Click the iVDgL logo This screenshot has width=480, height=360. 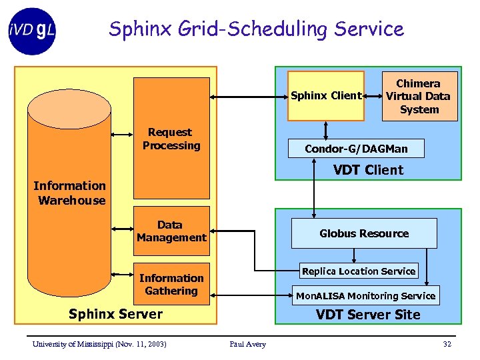[x=32, y=30]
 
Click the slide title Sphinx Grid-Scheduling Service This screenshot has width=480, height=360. [x=256, y=29]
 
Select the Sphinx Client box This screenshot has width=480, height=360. [x=326, y=95]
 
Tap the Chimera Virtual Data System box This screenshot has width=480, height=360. [x=419, y=96]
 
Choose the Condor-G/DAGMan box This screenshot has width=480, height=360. [x=356, y=148]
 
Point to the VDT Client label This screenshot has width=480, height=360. [x=368, y=170]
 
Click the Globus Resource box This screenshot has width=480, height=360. [x=364, y=233]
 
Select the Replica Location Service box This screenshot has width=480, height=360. [x=359, y=271]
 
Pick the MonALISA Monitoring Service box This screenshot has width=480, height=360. [x=365, y=295]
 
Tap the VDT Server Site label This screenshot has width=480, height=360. [x=368, y=315]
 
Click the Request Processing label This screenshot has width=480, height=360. [x=171, y=139]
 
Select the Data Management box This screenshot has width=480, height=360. [x=171, y=231]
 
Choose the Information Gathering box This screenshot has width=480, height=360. [x=171, y=285]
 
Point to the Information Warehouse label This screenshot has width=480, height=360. [x=70, y=193]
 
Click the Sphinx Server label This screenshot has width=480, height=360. [x=115, y=314]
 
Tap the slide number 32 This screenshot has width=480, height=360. [x=447, y=344]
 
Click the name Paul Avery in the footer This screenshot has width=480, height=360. [x=247, y=344]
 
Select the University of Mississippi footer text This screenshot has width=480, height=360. [x=99, y=344]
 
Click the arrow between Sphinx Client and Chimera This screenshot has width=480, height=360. [x=373, y=95]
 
